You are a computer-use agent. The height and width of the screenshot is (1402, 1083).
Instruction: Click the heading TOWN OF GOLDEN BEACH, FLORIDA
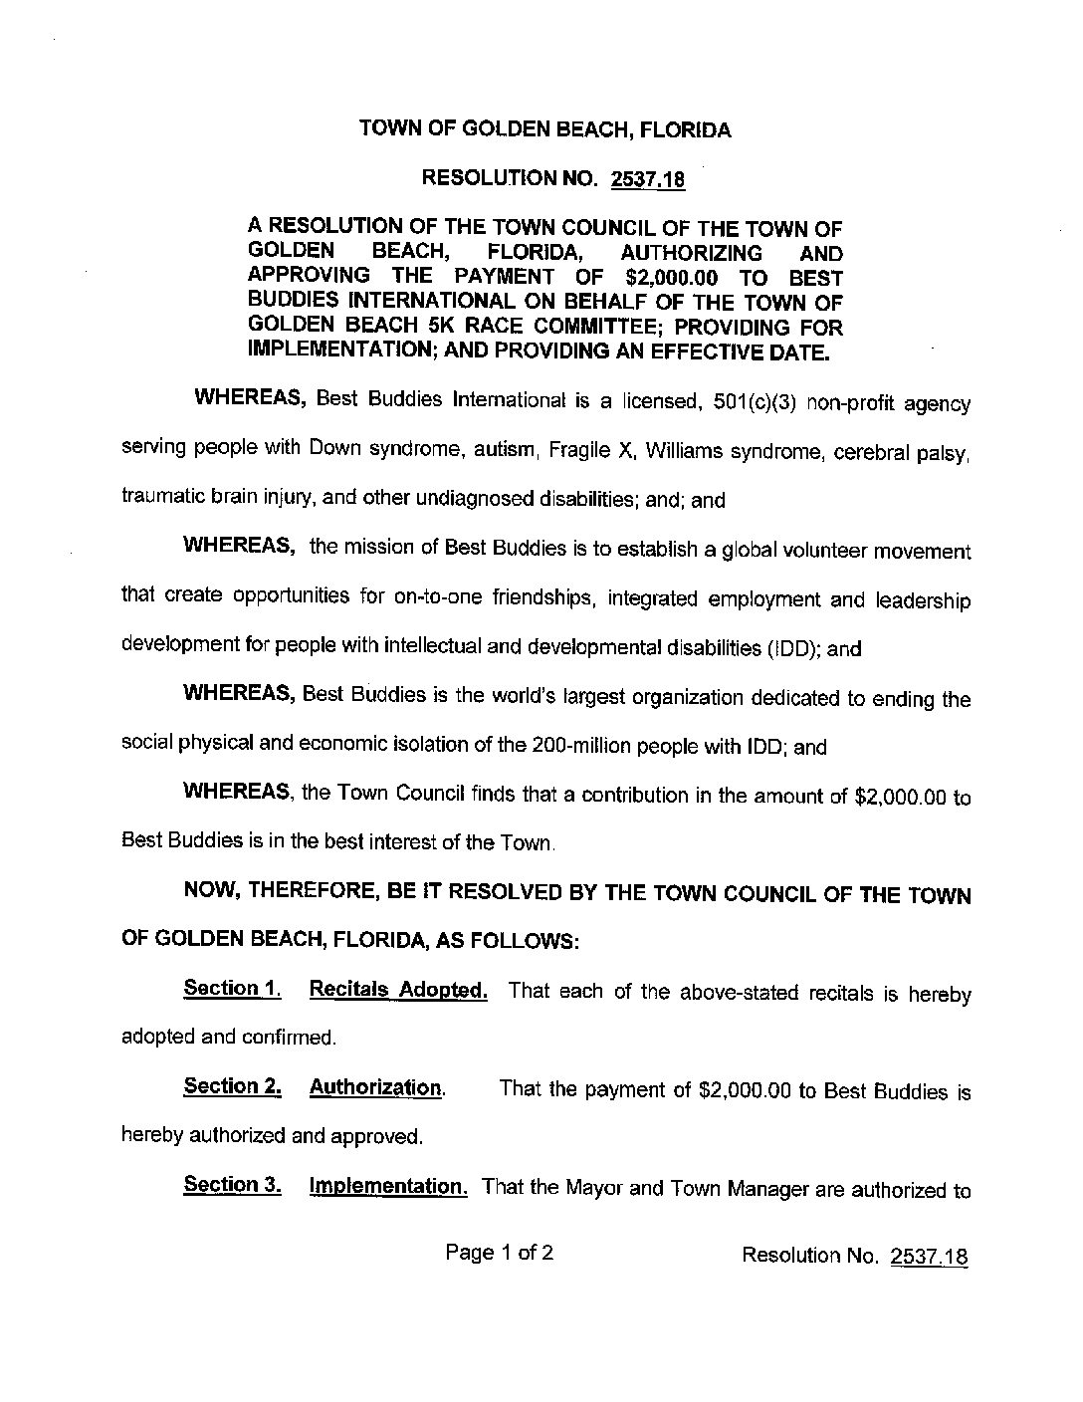click(544, 130)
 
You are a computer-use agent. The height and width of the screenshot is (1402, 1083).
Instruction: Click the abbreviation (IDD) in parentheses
click(792, 648)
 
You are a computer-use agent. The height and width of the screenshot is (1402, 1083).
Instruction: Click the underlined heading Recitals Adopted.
click(398, 991)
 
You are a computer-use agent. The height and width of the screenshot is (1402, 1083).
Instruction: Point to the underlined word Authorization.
click(376, 1087)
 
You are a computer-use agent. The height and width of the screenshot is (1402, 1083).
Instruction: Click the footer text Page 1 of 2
click(500, 1253)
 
